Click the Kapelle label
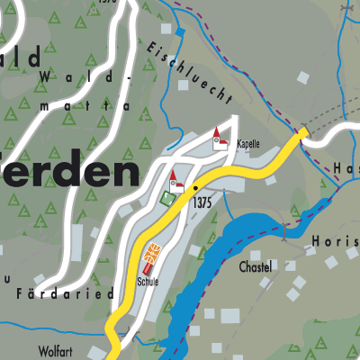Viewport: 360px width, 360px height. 247,144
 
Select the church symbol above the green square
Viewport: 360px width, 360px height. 176,181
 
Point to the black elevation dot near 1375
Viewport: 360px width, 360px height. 195,188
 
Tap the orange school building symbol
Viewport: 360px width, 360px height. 150,255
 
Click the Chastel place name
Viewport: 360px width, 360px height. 256,267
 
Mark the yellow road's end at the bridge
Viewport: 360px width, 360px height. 301,133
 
